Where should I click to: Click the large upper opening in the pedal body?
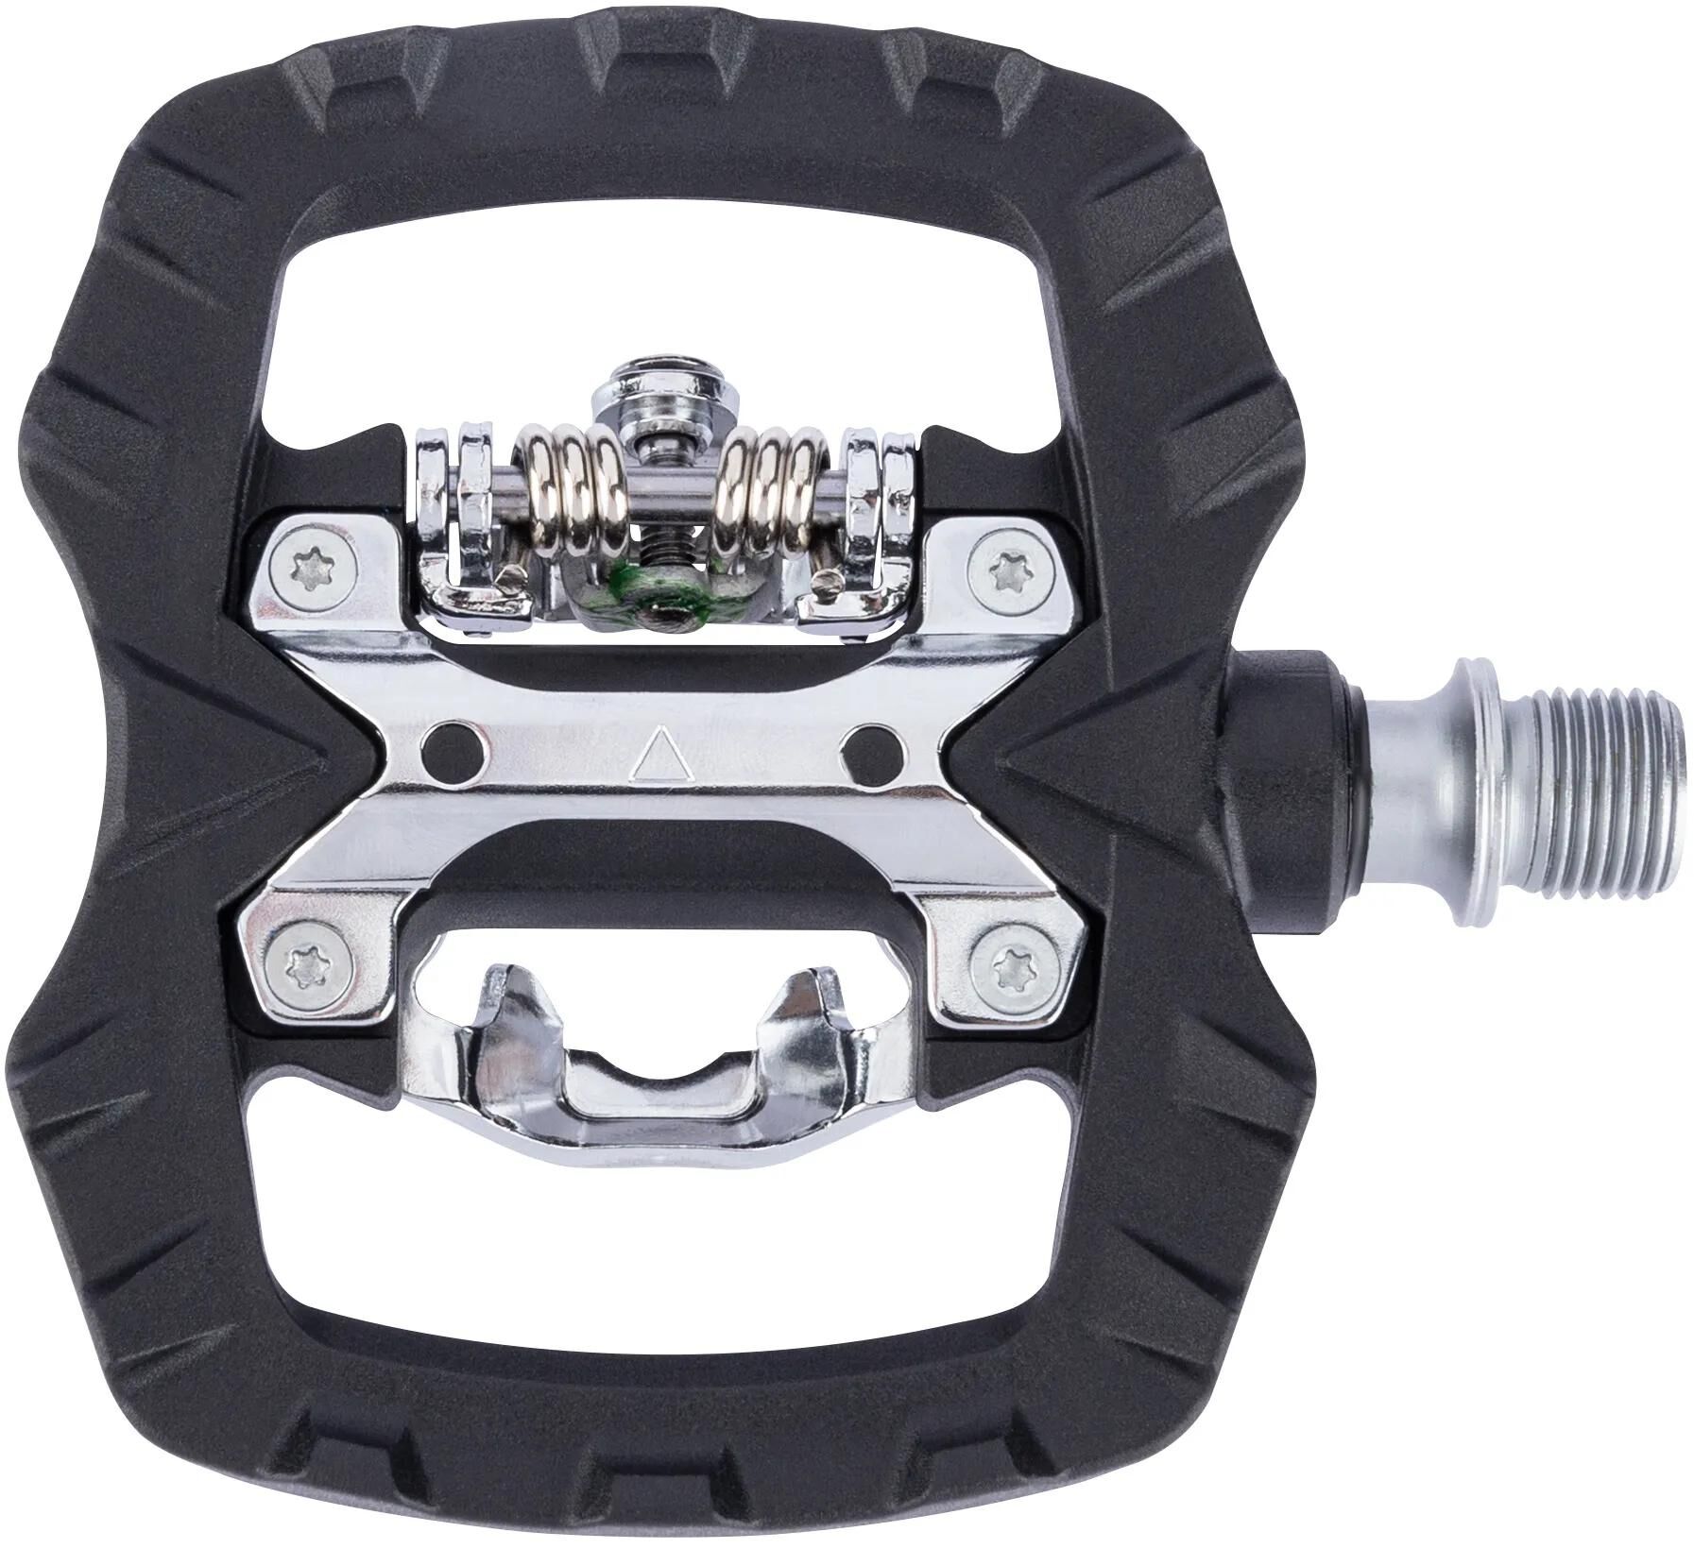coord(661,283)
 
